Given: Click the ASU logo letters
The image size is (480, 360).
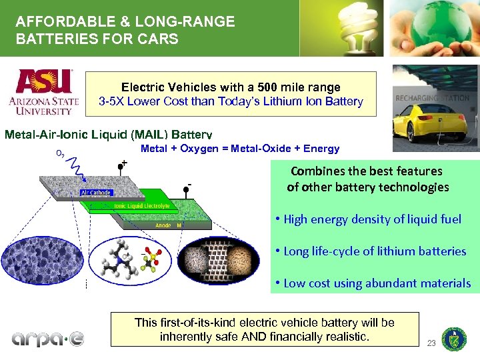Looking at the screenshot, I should tap(44, 82).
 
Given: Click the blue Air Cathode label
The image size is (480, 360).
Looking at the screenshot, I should tap(96, 193).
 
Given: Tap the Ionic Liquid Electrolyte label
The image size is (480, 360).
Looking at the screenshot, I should tap(141, 206).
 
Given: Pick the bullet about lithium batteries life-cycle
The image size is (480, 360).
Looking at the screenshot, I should tap(370, 251).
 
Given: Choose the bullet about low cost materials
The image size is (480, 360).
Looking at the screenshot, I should tap(372, 283).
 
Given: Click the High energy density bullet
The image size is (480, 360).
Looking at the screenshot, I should tap(367, 219).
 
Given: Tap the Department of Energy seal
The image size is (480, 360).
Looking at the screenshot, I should tap(454, 339).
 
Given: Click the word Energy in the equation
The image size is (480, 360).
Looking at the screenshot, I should tap(321, 149).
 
